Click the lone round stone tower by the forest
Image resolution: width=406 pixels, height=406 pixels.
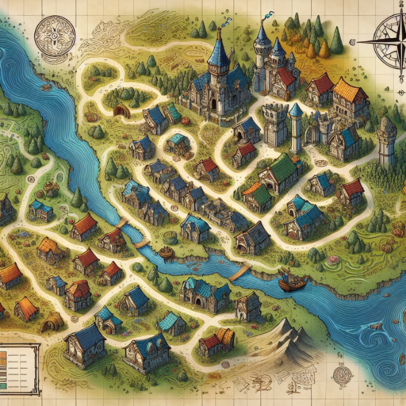click(386, 143)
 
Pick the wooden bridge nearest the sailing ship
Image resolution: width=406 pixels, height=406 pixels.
click(239, 272)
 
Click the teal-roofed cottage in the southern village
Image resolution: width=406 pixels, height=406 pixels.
click(170, 323)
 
